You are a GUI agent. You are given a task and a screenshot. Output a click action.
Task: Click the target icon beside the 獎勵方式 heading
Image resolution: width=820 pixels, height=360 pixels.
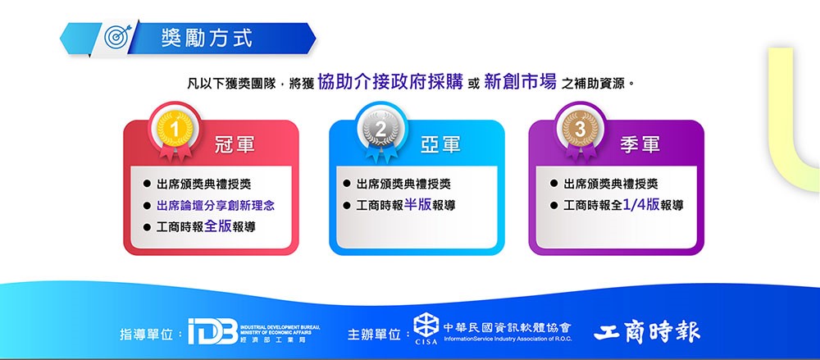coord(116,37)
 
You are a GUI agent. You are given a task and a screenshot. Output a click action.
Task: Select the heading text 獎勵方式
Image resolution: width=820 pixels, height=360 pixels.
coord(207,39)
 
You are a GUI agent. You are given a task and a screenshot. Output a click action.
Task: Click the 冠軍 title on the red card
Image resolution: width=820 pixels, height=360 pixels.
coord(235,145)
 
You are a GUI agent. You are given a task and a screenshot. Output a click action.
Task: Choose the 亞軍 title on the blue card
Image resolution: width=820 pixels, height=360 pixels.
coord(440,145)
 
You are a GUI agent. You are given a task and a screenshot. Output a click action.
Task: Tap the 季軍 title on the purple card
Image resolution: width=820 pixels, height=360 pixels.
coord(640,145)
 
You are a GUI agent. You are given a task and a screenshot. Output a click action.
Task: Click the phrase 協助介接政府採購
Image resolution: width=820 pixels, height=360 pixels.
coord(390,82)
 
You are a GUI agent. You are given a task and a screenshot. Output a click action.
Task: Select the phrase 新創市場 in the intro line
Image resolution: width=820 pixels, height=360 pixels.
coord(521,82)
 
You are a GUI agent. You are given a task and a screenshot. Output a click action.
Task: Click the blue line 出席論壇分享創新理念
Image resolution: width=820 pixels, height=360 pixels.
coord(216,205)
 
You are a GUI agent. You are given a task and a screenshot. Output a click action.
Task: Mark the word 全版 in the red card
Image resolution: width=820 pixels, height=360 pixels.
coord(217,226)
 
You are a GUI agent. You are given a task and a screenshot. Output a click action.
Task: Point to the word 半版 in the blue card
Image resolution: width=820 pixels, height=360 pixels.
coord(418,204)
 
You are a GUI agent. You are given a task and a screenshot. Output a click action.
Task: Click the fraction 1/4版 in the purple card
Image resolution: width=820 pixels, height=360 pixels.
coord(641,204)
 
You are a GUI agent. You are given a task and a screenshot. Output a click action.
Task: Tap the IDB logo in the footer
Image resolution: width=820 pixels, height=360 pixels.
coord(213,331)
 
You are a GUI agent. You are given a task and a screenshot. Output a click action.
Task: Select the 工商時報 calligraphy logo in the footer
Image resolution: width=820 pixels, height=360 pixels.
coord(646,331)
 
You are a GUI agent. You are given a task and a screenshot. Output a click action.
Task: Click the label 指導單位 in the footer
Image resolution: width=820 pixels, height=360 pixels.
coord(147,334)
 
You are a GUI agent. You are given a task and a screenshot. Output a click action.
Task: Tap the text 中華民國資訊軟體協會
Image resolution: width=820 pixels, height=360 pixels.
coord(508,327)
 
